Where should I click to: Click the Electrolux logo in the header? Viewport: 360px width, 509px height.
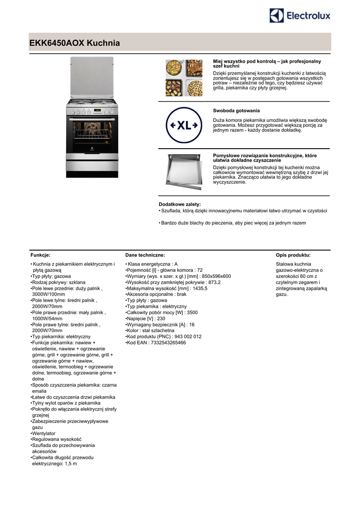pyautogui.click(x=300, y=16)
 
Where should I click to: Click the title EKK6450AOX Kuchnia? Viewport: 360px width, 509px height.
pyautogui.click(x=75, y=43)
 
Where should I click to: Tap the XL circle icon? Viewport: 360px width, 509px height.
pyautogui.click(x=184, y=125)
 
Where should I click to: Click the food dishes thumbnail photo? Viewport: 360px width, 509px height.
pyautogui.click(x=184, y=78)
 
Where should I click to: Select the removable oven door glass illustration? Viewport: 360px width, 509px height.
pyautogui.click(x=183, y=171)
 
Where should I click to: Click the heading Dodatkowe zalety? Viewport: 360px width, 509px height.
pyautogui.click(x=180, y=204)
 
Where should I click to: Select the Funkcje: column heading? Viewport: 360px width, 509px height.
pyautogui.click(x=40, y=255)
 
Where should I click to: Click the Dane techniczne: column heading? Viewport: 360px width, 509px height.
pyautogui.click(x=145, y=255)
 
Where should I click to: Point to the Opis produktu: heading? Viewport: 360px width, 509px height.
pyautogui.click(x=293, y=255)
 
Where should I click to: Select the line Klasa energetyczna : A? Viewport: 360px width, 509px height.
pyautogui.click(x=152, y=264)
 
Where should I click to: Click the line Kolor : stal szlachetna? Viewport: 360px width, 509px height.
pyautogui.click(x=150, y=330)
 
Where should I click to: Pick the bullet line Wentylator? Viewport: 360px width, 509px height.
pyautogui.click(x=44, y=433)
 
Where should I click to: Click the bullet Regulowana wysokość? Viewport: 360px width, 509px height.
pyautogui.click(x=56, y=439)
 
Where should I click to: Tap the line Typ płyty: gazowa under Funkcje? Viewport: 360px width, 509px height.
pyautogui.click(x=51, y=276)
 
